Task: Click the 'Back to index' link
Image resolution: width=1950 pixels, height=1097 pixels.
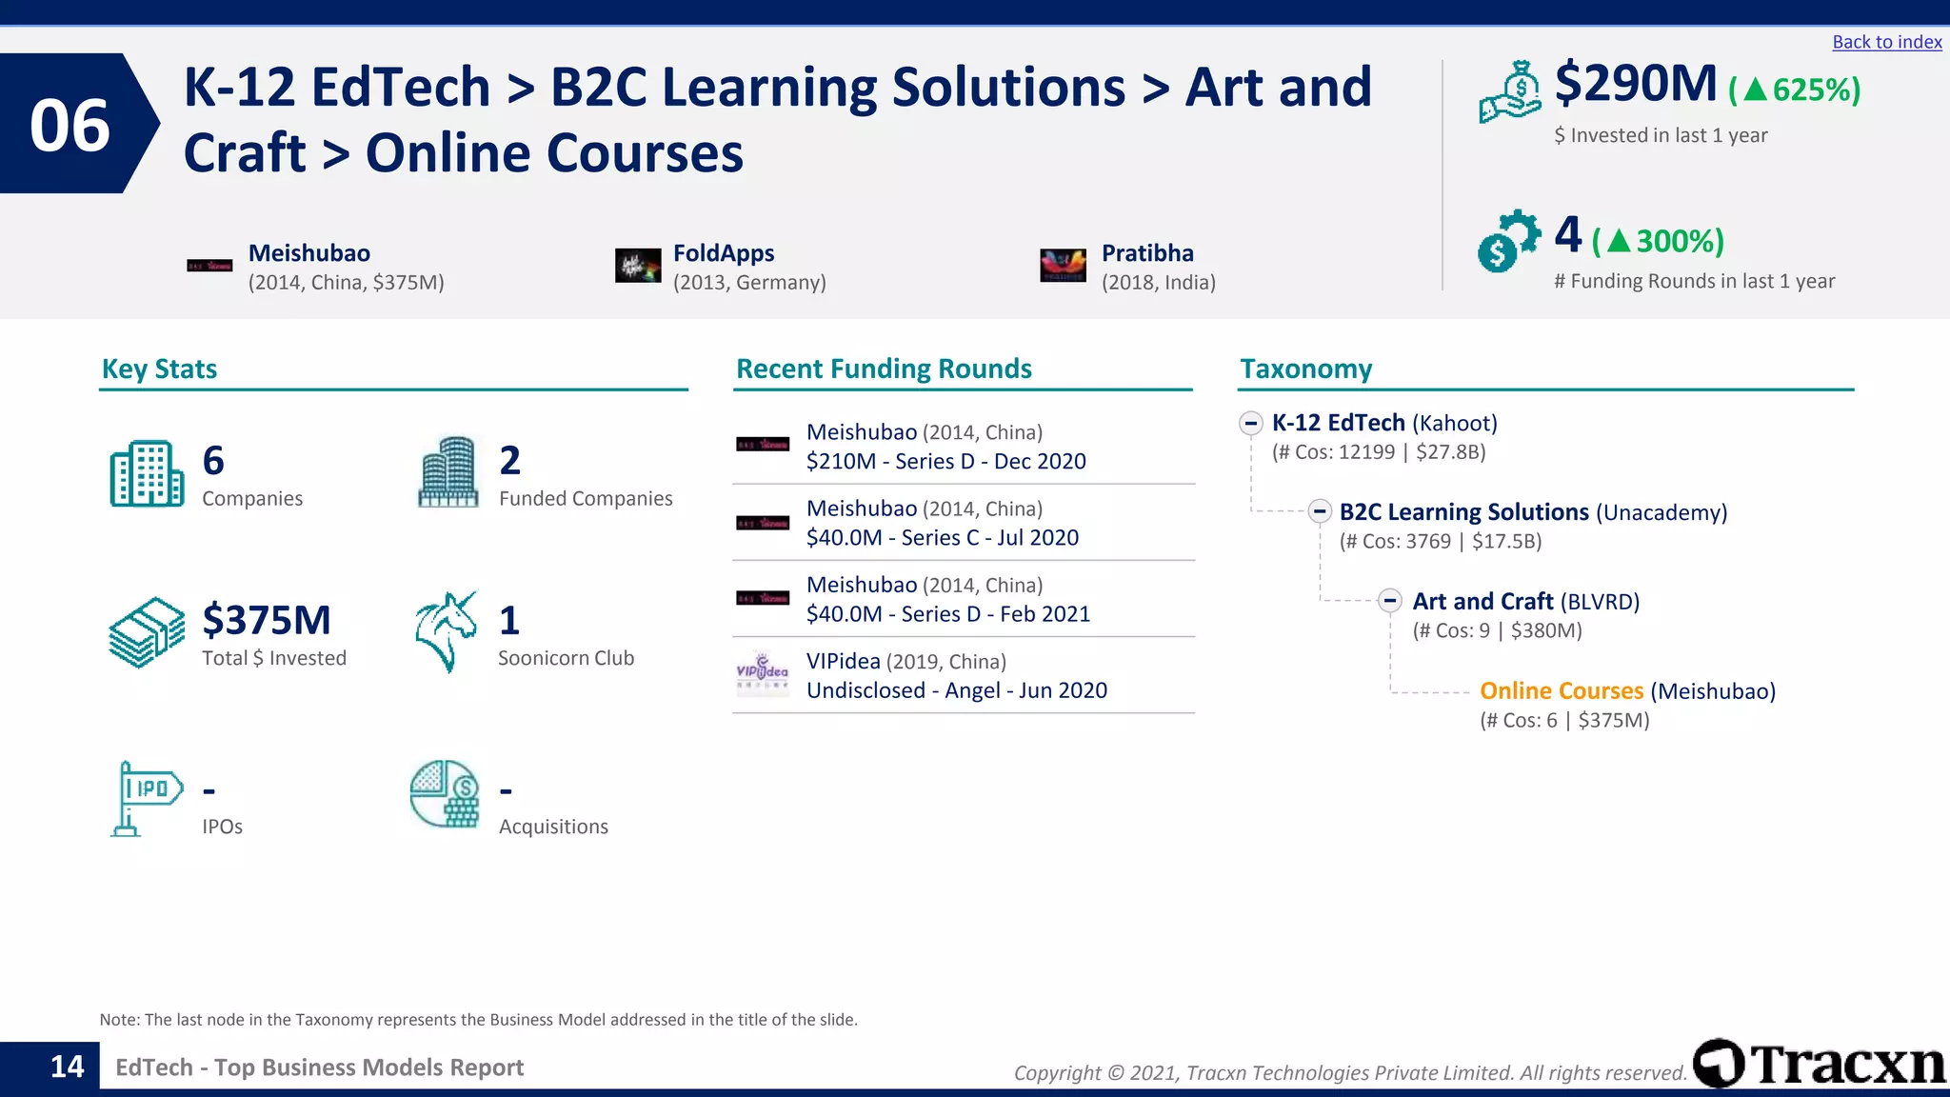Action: (x=1886, y=42)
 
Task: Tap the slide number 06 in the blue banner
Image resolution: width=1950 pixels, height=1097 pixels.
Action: (x=70, y=125)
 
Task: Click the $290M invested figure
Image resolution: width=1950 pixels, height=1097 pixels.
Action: (x=1635, y=84)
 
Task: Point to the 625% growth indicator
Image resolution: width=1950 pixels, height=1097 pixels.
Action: (x=1795, y=90)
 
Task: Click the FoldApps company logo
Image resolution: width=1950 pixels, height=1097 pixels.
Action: (x=638, y=266)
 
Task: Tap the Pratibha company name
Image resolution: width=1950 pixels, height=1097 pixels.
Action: (x=1146, y=253)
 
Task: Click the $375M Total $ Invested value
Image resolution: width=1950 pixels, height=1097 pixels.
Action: (x=267, y=621)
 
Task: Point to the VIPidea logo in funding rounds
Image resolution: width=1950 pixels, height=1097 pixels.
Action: (x=762, y=673)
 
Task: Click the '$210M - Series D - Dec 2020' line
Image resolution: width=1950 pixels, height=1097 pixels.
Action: (x=945, y=462)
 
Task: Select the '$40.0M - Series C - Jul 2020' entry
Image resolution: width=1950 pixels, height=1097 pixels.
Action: (x=942, y=538)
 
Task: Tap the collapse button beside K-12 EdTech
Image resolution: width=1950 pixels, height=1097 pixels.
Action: (x=1250, y=423)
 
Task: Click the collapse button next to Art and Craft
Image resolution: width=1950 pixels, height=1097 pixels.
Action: (x=1390, y=601)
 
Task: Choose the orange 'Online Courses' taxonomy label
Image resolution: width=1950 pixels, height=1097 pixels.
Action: (x=1561, y=691)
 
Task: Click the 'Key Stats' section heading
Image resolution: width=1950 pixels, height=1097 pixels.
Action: (x=159, y=369)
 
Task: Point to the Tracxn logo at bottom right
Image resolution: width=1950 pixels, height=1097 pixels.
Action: (x=1819, y=1065)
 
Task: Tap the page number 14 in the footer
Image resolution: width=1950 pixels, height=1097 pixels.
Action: (x=67, y=1067)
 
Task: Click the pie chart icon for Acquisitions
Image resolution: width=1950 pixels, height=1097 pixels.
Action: (x=445, y=794)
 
